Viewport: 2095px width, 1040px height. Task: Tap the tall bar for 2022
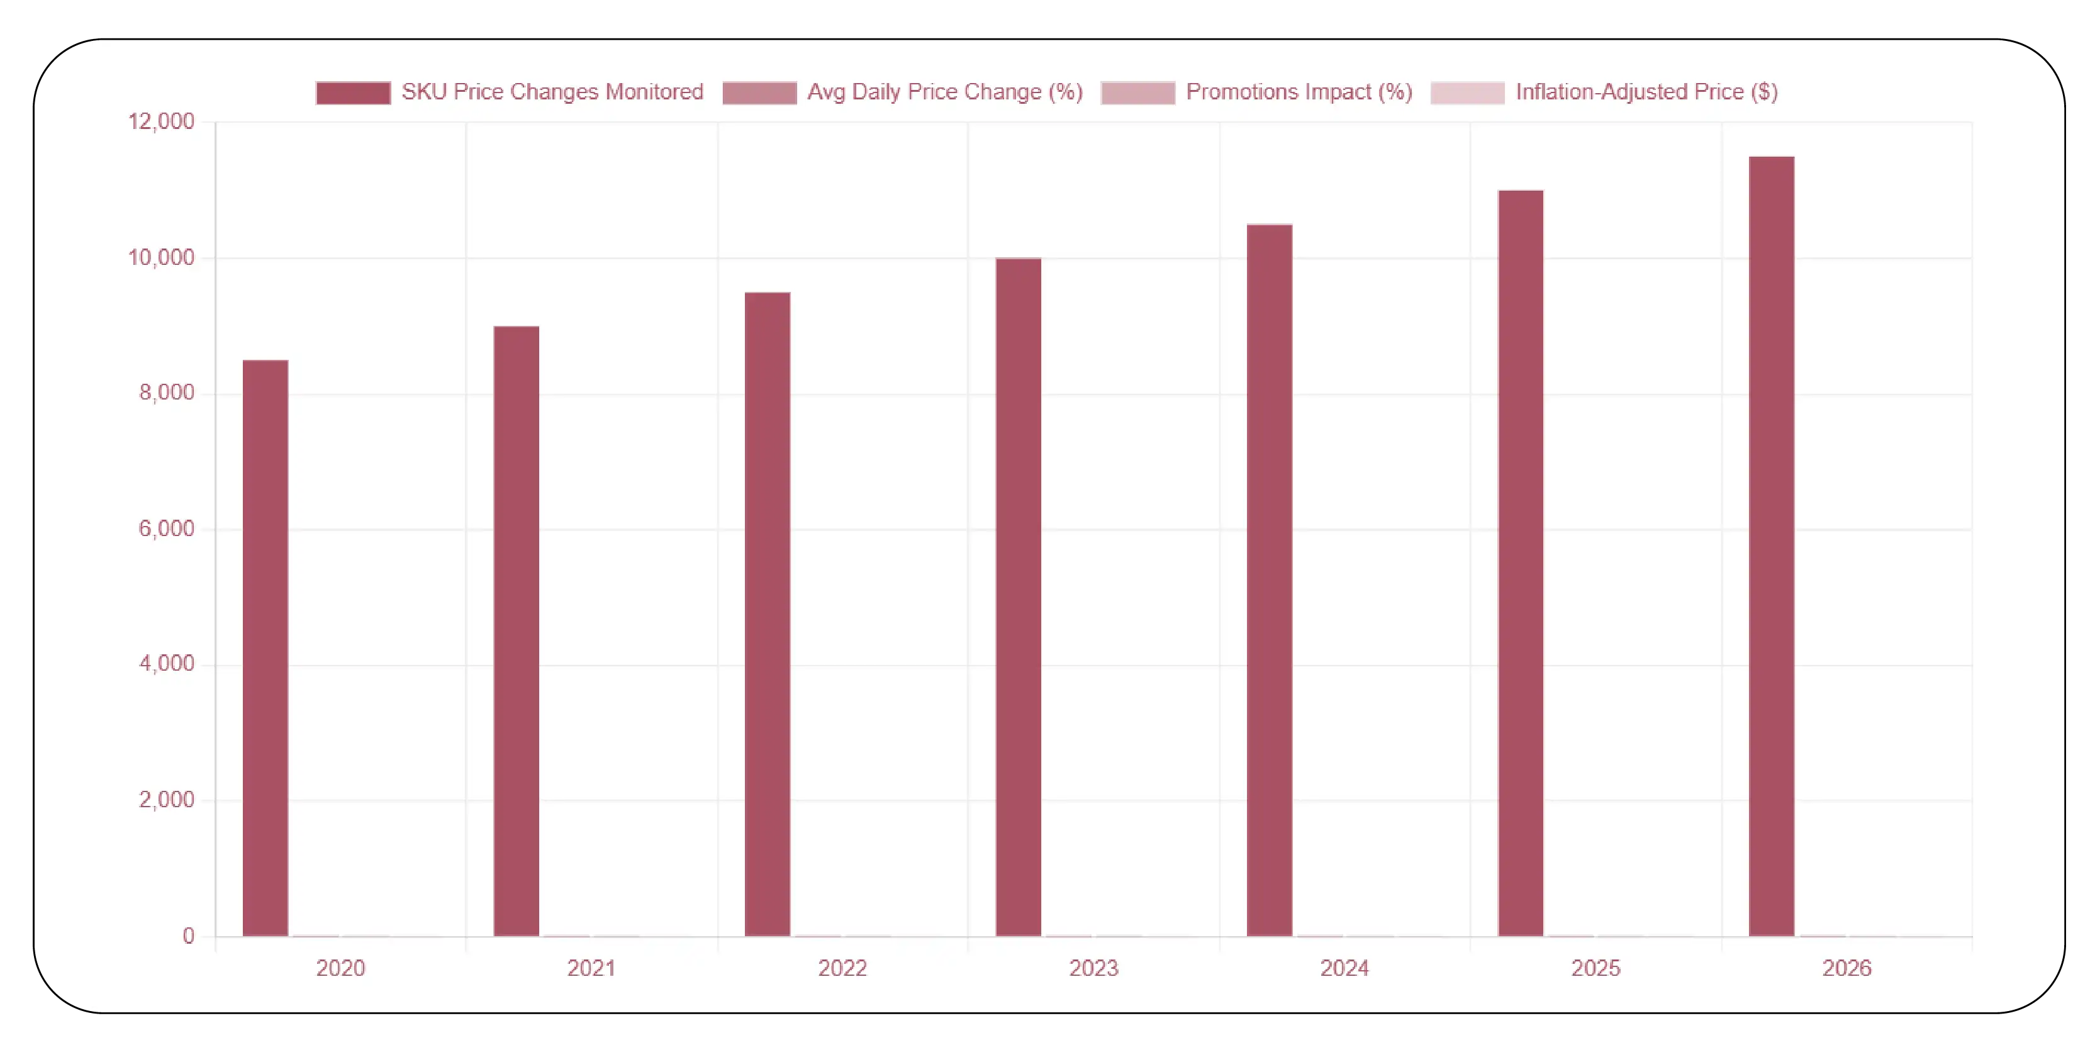point(767,614)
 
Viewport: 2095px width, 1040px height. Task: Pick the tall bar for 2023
point(1018,597)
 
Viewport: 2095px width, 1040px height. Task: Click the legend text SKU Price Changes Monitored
point(552,92)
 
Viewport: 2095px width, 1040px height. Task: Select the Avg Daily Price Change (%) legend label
point(945,92)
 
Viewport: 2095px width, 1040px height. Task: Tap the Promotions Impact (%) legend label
point(1299,92)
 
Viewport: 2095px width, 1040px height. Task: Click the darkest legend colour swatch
point(353,92)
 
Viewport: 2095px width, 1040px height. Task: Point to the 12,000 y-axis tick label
point(161,122)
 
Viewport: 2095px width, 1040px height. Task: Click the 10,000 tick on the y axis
point(161,258)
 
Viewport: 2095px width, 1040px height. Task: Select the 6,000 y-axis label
point(167,528)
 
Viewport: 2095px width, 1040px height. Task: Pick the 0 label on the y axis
point(189,936)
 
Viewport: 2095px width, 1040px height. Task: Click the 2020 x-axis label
point(341,968)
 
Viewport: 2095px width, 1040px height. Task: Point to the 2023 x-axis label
point(1094,968)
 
